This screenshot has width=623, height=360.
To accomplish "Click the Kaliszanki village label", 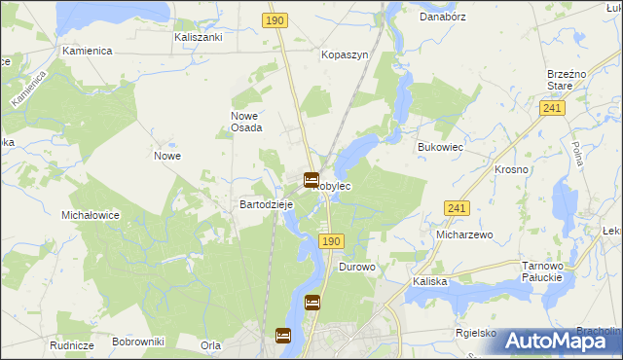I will coord(199,37).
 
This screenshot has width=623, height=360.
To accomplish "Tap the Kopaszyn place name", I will coord(346,55).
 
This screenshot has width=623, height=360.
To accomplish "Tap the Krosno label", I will coord(511,169).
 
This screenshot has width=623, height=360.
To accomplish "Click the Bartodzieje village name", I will coord(267,205).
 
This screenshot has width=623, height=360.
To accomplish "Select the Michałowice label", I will coord(90,215).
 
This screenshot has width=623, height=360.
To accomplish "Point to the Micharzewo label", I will coord(465,235).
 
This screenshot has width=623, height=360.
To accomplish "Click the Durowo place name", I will coord(356,267).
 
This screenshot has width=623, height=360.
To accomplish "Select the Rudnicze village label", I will coord(71,345).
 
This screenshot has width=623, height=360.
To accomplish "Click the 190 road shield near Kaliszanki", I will coord(275,19).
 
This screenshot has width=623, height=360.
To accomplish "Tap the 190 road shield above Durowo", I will coord(331,240).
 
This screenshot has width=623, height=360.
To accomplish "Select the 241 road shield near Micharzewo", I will coord(457,208).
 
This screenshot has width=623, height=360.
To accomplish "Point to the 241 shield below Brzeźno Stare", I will coord(553,109).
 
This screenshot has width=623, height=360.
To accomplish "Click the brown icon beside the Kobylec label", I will coord(311,180).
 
